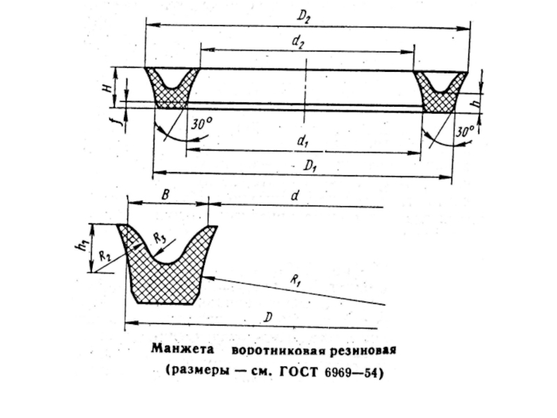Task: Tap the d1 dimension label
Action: point(302,141)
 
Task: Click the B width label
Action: point(165,196)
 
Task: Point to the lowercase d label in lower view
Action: point(295,198)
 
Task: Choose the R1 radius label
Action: point(297,281)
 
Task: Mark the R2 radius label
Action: point(105,256)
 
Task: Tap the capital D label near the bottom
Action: point(268,318)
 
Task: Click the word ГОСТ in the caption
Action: point(299,371)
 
